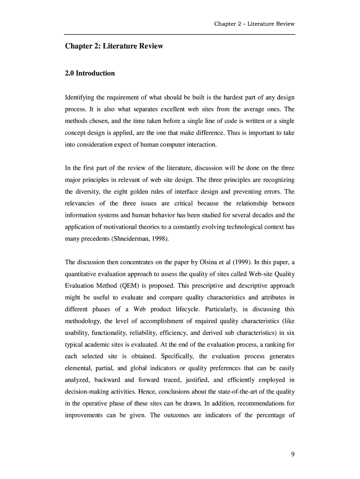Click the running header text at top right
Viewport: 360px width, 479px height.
(254, 24)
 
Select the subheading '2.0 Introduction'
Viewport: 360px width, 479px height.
(89, 73)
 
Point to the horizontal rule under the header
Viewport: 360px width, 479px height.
(180, 34)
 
